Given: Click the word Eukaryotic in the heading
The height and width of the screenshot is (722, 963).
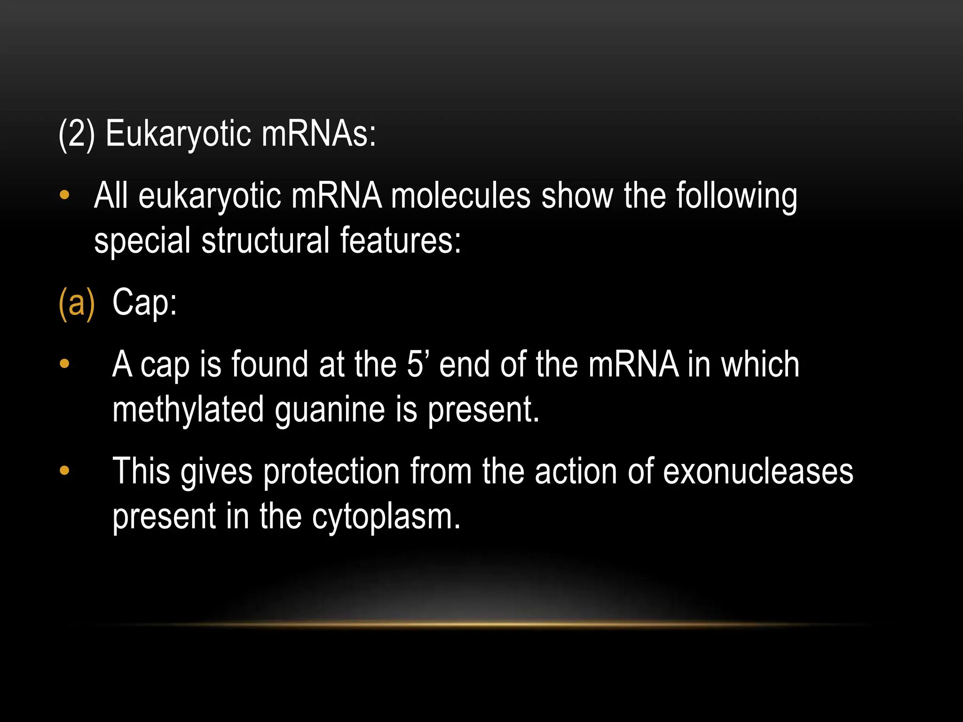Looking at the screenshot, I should (178, 134).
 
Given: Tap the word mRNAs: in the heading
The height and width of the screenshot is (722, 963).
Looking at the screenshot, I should (319, 134).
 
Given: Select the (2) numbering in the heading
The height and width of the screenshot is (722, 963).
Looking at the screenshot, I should (77, 134).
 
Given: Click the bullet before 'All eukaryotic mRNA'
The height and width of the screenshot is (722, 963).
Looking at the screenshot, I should (64, 195).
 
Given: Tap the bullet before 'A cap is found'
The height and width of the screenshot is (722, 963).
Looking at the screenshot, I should (64, 364).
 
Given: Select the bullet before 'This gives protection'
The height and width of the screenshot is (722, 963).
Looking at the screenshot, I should (64, 471).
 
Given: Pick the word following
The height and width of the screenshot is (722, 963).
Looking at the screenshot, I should (736, 196).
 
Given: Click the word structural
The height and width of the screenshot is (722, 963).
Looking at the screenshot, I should (265, 240).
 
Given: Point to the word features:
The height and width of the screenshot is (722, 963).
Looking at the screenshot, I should (400, 240).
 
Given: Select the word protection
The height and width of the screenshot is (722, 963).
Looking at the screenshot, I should (331, 471).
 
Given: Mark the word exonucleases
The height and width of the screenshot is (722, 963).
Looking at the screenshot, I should (758, 471).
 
